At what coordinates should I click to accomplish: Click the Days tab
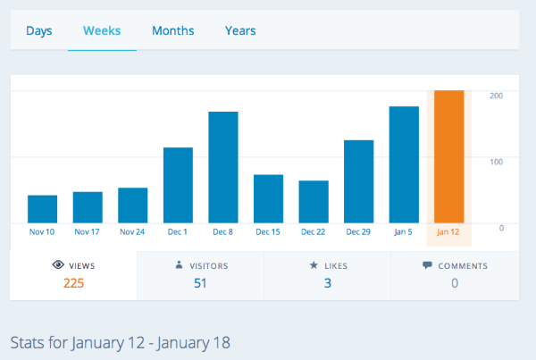click(x=39, y=31)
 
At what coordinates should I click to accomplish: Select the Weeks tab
click(x=102, y=31)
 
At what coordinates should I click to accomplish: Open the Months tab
click(x=172, y=31)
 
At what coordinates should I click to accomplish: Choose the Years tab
click(x=240, y=31)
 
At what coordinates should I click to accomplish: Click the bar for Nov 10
click(x=42, y=208)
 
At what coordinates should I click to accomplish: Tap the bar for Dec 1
click(x=178, y=185)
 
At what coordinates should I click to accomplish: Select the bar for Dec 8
click(x=223, y=167)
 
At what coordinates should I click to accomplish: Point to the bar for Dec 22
click(x=314, y=201)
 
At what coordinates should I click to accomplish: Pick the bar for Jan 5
click(x=404, y=164)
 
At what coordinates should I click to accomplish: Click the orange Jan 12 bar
click(x=448, y=156)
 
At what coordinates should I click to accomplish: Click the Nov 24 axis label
click(x=132, y=232)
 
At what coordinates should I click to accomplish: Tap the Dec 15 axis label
click(x=268, y=232)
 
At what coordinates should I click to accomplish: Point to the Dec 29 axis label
click(x=358, y=232)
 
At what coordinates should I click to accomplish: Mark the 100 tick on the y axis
click(x=497, y=161)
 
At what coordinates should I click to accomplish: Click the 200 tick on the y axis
click(x=497, y=95)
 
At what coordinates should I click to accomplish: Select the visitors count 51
click(x=200, y=283)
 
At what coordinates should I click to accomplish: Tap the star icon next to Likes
click(x=314, y=265)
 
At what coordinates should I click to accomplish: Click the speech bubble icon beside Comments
click(x=427, y=265)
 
